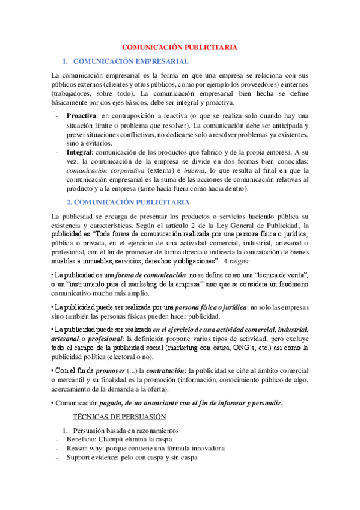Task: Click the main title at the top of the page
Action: point(180,47)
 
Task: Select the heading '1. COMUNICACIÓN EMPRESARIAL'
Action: point(130,61)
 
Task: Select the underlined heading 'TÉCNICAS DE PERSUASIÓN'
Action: point(119,417)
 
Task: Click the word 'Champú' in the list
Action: point(109,440)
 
